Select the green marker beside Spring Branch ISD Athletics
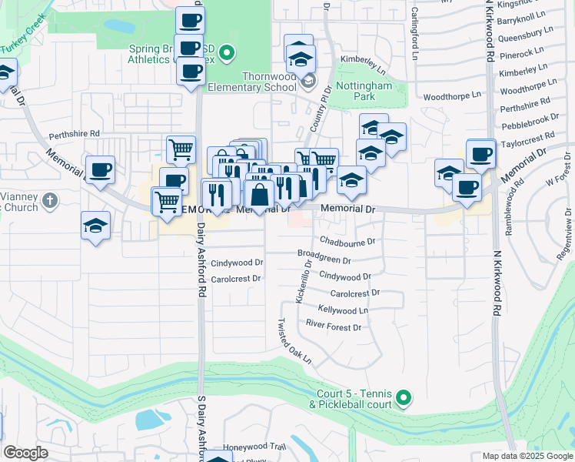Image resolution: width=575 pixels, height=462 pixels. point(226,53)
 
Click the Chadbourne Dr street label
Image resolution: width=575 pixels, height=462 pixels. point(347,241)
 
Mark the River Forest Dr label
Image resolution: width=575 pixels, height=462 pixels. point(334,327)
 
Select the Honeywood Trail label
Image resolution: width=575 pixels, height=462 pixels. point(254,447)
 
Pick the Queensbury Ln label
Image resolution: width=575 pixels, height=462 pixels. point(526,35)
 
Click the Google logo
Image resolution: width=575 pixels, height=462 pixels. point(26,453)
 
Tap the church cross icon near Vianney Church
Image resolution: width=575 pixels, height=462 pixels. point(49,201)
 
